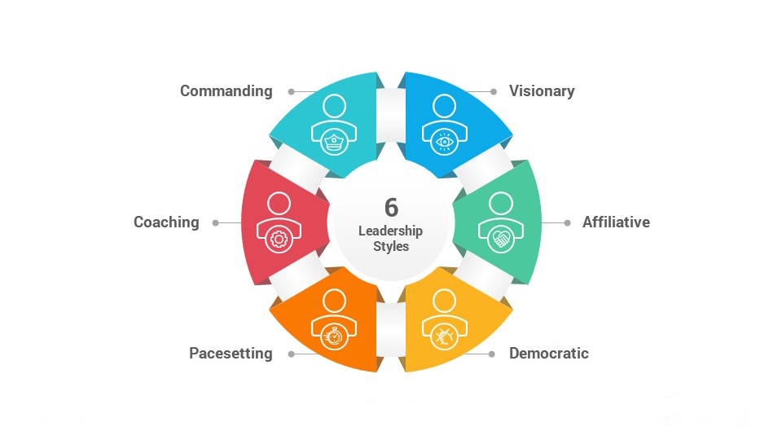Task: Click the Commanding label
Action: click(226, 90)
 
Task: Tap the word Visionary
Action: click(542, 90)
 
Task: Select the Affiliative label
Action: click(616, 222)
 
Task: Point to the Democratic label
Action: click(548, 353)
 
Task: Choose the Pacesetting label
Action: click(231, 353)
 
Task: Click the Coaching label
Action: click(166, 222)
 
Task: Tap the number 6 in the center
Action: click(392, 208)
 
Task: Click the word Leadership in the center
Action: click(390, 231)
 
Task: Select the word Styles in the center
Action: click(391, 246)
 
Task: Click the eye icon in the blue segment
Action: click(445, 142)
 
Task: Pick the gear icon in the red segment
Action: click(279, 240)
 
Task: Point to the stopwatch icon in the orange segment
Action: click(334, 337)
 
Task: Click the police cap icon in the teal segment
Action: click(334, 142)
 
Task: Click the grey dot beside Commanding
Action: click(292, 92)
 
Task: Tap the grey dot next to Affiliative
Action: click(567, 223)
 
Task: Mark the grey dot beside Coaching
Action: click(215, 223)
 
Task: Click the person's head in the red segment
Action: click(279, 204)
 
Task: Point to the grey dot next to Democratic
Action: click(492, 354)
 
